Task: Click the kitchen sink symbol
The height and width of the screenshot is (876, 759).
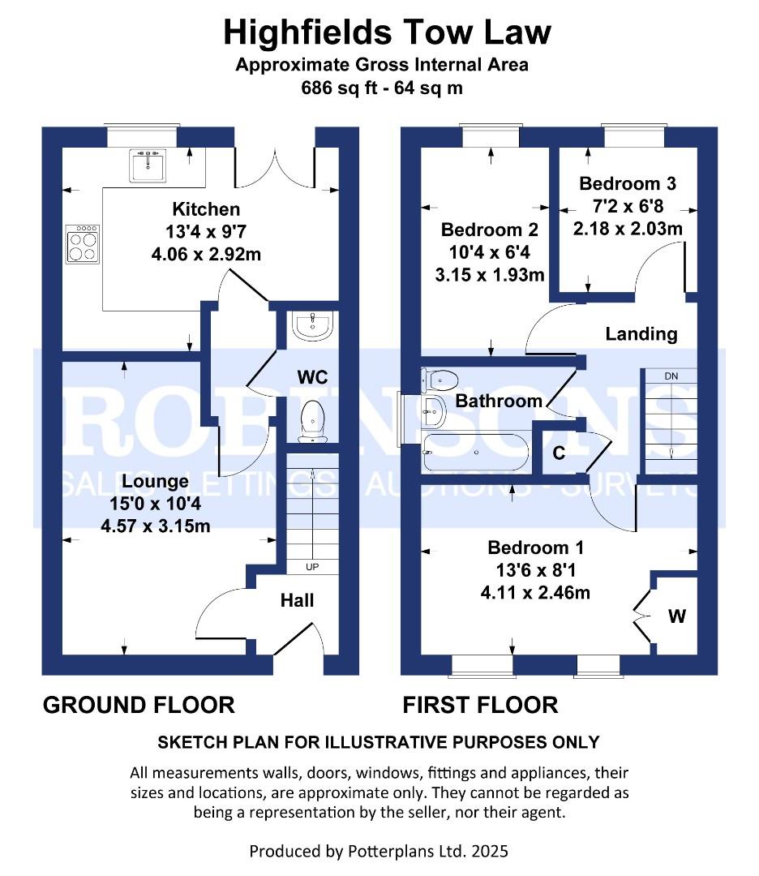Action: tap(147, 165)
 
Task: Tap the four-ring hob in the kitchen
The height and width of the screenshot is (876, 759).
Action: tap(83, 244)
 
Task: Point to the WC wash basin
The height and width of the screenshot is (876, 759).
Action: tap(312, 325)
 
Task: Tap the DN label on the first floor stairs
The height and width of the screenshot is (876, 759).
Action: tap(671, 376)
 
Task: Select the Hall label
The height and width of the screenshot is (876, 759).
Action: tap(297, 601)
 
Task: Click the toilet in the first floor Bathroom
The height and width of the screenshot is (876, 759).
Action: tap(439, 378)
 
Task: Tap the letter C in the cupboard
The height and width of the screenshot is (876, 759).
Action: tap(559, 453)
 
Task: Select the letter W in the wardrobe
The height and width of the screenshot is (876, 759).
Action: tap(676, 616)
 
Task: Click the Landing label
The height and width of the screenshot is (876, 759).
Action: tap(641, 333)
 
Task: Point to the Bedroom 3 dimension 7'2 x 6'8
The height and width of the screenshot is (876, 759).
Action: tap(627, 206)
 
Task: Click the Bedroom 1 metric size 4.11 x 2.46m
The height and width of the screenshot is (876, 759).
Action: tap(534, 593)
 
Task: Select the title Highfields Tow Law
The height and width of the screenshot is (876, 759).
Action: tap(387, 32)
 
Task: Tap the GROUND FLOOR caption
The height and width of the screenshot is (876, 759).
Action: tap(139, 705)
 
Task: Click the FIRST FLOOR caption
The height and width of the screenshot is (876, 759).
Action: tap(480, 705)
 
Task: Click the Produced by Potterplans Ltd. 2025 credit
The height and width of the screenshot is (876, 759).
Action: tap(379, 851)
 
